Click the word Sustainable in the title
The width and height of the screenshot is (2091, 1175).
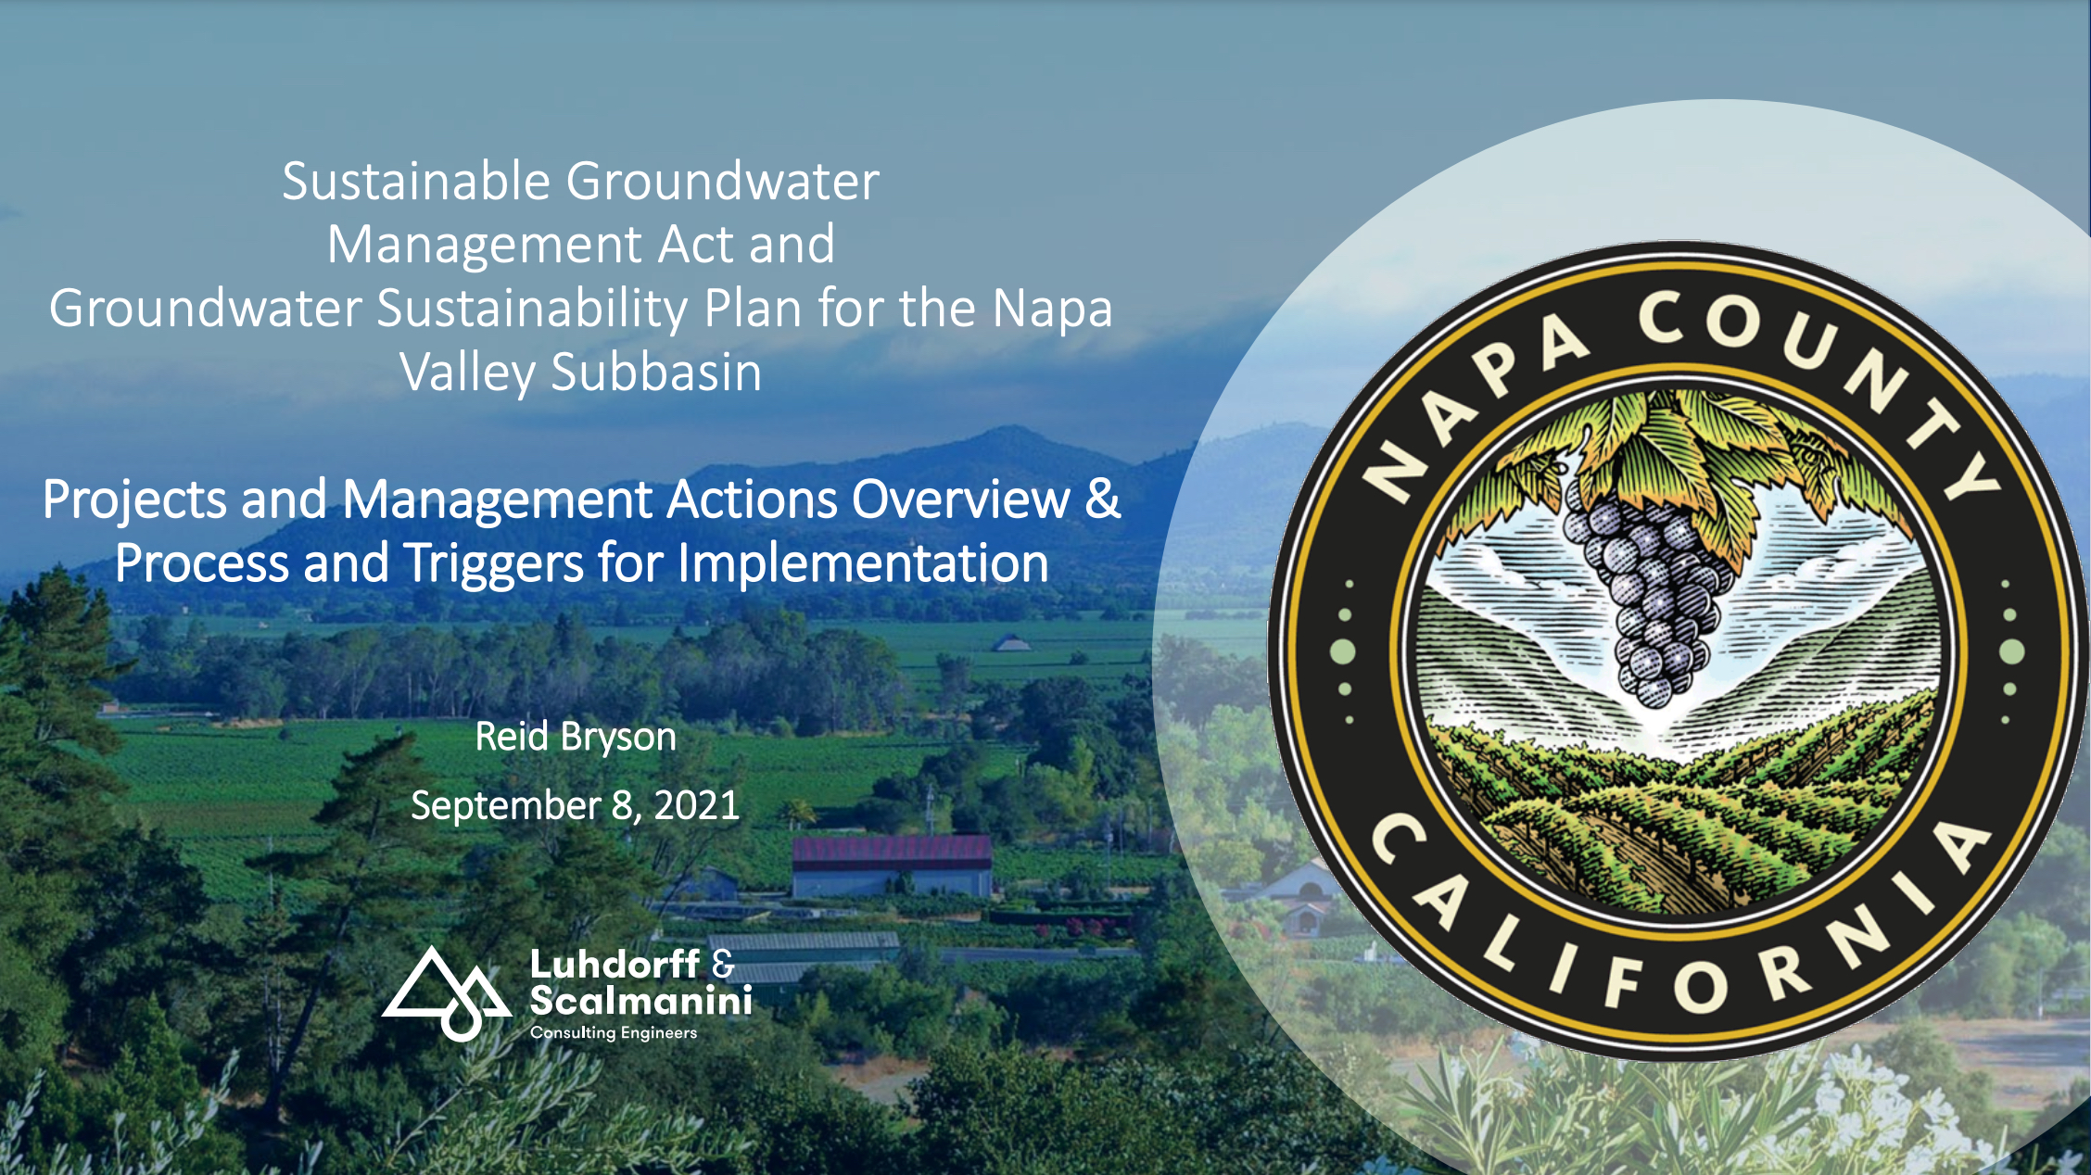[x=417, y=181]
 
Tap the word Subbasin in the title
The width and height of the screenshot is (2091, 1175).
[x=656, y=373]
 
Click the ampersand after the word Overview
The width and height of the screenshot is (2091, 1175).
[x=1103, y=499]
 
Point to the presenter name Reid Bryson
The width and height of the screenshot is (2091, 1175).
[x=576, y=738]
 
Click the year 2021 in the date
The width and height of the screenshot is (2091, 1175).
[x=696, y=805]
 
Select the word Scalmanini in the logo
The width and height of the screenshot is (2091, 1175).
[x=640, y=1001]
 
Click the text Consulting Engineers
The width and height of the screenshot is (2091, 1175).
[x=614, y=1032]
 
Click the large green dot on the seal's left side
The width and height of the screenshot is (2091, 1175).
[x=1343, y=651]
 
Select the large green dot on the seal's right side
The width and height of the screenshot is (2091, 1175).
[x=2012, y=651]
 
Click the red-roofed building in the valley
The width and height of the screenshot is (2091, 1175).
[x=892, y=866]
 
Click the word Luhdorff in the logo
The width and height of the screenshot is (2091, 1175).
[x=615, y=964]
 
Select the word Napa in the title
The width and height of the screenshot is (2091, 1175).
[x=1052, y=310]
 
